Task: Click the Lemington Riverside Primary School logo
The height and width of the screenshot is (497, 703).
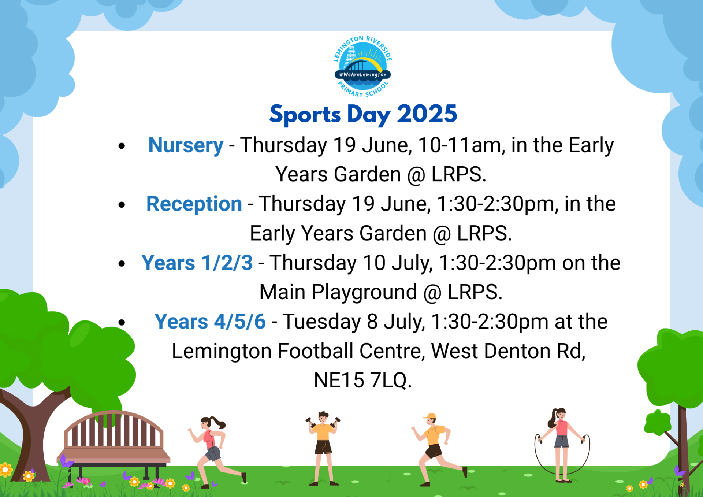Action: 363,66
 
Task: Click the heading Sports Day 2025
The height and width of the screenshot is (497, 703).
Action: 363,114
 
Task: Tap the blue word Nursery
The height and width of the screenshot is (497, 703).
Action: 186,146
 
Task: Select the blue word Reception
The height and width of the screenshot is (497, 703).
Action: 194,204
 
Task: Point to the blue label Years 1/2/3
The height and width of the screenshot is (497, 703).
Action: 197,263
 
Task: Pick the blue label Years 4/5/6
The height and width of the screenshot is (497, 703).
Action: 210,322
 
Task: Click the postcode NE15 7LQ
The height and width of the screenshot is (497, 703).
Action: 363,380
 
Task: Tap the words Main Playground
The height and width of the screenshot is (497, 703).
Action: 338,293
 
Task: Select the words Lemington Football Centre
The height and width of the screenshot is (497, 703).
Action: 298,351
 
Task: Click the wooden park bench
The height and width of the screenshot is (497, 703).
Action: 114,448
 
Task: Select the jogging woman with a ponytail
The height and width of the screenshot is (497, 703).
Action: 216,452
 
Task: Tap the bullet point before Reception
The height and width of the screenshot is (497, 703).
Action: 122,205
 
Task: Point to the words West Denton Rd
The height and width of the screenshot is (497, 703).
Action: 509,351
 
